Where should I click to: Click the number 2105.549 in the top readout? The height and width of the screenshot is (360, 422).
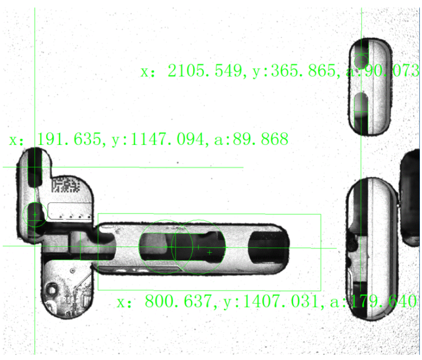coord(205,71)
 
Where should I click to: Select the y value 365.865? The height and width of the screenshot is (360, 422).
coord(304,71)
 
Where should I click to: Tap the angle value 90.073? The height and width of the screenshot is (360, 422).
coord(392,71)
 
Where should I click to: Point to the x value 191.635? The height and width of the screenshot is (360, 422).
coord(69,139)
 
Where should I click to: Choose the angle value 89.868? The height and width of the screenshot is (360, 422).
coord(261,139)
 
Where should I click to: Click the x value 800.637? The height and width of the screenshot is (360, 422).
coord(178,301)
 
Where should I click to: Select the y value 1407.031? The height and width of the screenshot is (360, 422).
coord(280,301)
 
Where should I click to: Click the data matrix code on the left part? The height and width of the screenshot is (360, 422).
coord(66,184)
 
